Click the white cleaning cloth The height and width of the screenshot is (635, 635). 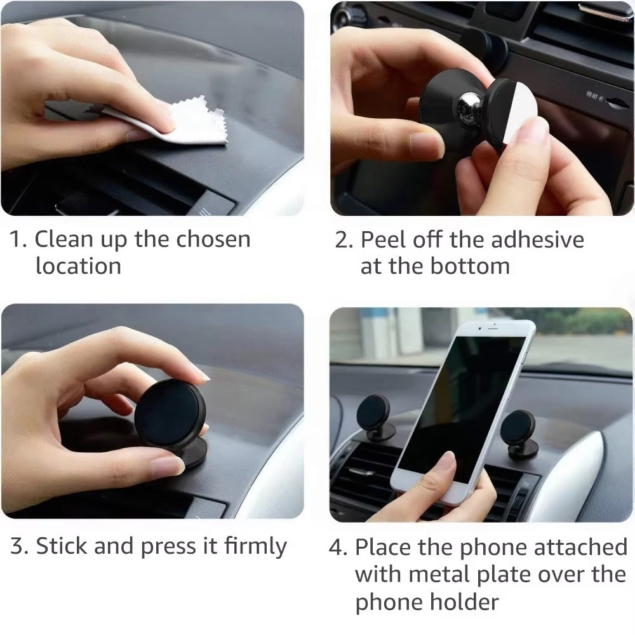[190, 124]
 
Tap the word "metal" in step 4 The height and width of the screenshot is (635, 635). [444, 575]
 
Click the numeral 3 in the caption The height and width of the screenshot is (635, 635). [17, 547]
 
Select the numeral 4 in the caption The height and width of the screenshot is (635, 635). [337, 547]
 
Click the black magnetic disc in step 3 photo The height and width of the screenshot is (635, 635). [170, 413]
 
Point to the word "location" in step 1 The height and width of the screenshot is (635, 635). [78, 266]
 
